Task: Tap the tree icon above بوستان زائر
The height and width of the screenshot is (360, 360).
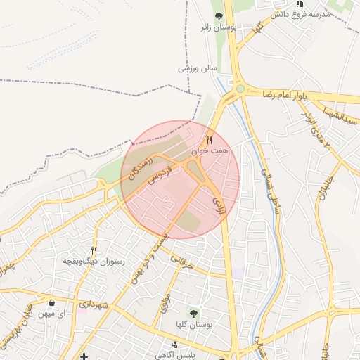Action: tap(218, 15)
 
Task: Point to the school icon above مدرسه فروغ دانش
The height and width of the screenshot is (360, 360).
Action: tap(300, 4)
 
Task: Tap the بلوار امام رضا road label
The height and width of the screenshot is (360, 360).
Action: tap(286, 94)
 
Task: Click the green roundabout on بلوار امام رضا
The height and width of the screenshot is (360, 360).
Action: tap(240, 89)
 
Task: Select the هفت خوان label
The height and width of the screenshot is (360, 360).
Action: tap(210, 150)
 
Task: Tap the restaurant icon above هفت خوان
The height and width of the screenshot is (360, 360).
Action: tap(209, 141)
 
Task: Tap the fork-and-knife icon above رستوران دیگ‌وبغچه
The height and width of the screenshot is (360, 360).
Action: tap(94, 250)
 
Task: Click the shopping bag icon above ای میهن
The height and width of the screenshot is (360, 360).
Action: tap(52, 303)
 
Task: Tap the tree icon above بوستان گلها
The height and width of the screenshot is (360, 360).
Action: tap(194, 313)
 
